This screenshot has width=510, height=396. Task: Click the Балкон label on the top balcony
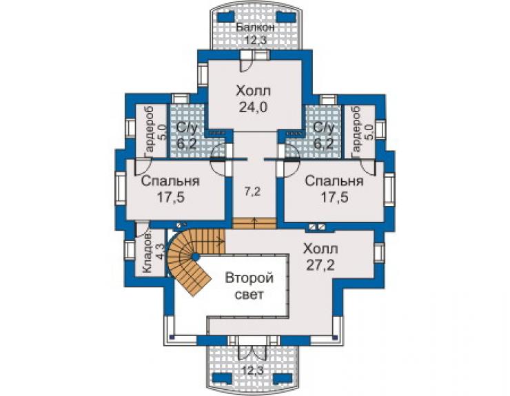click(x=255, y=28)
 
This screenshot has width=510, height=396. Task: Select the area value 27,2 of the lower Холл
click(x=320, y=265)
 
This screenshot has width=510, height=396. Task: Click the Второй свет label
click(x=249, y=286)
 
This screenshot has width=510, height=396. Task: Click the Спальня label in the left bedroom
click(x=170, y=180)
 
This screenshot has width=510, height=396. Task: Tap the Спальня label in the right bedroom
click(x=334, y=180)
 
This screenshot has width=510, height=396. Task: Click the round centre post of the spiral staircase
click(x=195, y=257)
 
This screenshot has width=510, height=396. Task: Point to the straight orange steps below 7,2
click(x=254, y=224)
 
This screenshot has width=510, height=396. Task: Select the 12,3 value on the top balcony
click(x=256, y=41)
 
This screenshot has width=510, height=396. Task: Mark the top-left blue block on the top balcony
click(x=226, y=17)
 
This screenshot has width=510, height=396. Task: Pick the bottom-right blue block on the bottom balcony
click(x=282, y=378)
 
